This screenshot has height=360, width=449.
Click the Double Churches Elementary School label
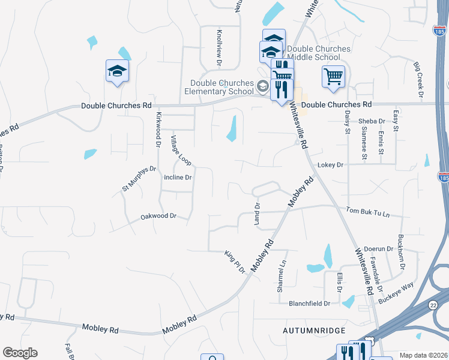221,87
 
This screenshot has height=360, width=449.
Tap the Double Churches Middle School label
318,53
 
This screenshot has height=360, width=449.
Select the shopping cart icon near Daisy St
333,77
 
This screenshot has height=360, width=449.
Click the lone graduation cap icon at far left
118,71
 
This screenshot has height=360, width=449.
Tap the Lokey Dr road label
330,164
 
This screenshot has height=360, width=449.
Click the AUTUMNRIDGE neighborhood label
314,331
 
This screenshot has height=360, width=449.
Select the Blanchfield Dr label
309,304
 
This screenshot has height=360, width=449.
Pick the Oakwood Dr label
158,216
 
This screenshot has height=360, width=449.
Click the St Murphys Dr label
139,179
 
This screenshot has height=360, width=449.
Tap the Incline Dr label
178,178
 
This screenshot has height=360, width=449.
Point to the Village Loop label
178,151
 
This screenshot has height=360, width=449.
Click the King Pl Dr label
235,262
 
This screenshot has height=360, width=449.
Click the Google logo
20,353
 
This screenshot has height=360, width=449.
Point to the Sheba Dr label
372,121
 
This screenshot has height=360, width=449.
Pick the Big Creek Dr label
418,78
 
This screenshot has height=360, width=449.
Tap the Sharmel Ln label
280,277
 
